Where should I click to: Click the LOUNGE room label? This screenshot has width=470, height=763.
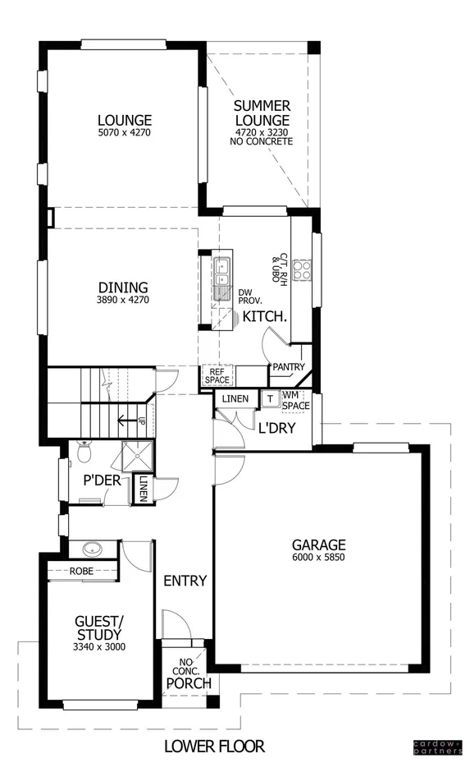pos(124,120)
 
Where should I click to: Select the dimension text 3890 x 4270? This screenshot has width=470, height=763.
pos(123,301)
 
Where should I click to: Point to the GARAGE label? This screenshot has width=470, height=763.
pos(319,545)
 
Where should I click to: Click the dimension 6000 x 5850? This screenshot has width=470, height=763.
pos(319,558)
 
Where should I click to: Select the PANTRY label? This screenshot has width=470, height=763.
pos(289,366)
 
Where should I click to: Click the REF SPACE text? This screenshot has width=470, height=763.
pos(217,375)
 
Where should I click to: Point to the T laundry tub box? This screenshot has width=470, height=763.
pos(269,399)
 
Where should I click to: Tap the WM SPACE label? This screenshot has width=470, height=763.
pos(295,401)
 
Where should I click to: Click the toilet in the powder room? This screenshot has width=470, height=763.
pos(83,451)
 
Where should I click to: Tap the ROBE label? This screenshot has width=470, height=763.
pos(80,571)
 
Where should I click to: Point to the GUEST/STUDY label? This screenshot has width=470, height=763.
pos(98,628)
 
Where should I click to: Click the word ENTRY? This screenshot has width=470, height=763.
pos(185,581)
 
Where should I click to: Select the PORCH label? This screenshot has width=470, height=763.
pos(189,683)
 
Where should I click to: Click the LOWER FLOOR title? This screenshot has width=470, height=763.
pos(214,746)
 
